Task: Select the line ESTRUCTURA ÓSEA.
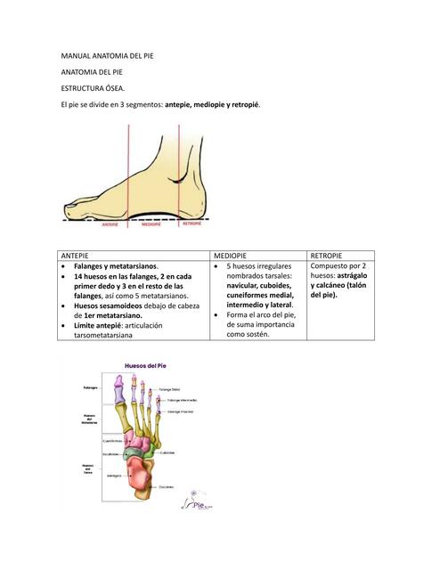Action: (x=93, y=88)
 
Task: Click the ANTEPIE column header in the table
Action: (x=74, y=256)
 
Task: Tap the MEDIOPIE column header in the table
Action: (x=232, y=256)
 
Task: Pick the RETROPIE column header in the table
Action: (x=327, y=256)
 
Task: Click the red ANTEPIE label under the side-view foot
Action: (x=109, y=225)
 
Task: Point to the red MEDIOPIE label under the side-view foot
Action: (x=151, y=225)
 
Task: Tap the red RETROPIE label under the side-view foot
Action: (x=191, y=224)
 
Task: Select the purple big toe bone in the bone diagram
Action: (x=118, y=392)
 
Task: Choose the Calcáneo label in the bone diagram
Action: (x=166, y=486)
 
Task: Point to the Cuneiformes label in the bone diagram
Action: (x=112, y=440)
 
